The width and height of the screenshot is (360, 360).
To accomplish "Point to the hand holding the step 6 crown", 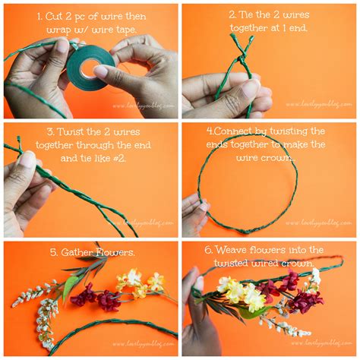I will tap(193, 311).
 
